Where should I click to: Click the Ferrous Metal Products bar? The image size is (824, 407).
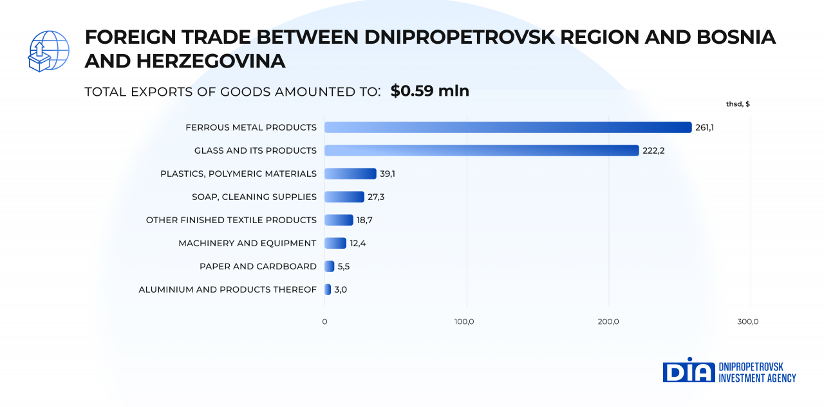(508, 127)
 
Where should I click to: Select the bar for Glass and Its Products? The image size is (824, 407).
(482, 150)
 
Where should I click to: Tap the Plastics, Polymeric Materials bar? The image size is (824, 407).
(350, 174)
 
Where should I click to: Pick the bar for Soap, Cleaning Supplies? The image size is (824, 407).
(344, 197)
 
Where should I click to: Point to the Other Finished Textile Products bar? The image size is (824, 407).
(339, 220)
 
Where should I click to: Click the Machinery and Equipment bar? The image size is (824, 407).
(335, 243)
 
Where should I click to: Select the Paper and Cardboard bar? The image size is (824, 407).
(330, 266)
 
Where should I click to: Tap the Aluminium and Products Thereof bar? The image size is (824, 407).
(328, 289)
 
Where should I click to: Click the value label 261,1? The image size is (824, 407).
(704, 127)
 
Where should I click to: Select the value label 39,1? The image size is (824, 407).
(387, 174)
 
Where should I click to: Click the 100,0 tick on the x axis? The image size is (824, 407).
(464, 321)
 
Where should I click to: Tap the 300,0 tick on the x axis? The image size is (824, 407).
(748, 321)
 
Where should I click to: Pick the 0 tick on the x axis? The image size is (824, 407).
(324, 321)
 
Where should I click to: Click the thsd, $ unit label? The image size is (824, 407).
(738, 104)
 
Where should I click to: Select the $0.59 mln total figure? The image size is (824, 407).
(429, 91)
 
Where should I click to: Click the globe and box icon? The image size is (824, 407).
(48, 51)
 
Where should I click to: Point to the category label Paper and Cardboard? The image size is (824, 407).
(258, 266)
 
